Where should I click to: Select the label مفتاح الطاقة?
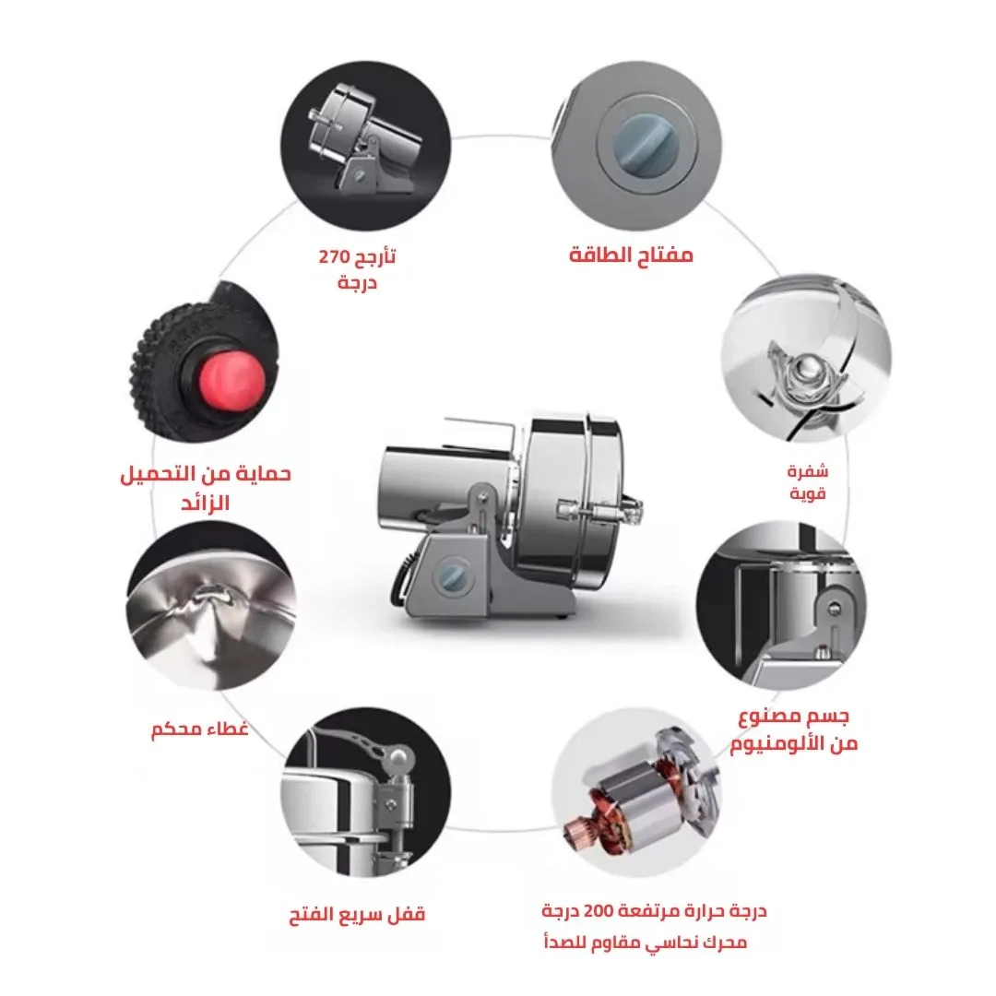tap(631, 255)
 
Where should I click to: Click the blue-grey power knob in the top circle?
tap(646, 147)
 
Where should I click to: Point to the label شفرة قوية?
tap(807, 481)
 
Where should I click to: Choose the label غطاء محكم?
tap(199, 729)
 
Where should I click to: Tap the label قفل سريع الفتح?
tap(357, 915)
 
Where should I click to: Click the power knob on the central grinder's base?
tap(453, 575)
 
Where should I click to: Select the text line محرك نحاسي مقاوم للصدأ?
tap(646, 942)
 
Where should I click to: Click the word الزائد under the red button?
tap(205, 504)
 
